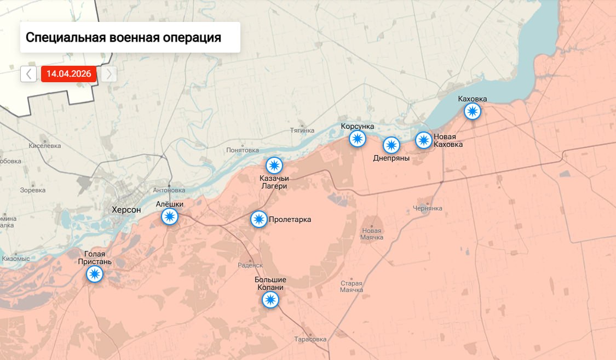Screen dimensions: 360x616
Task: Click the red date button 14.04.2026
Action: coord(68,74)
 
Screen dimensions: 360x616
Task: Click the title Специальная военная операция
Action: coord(123,38)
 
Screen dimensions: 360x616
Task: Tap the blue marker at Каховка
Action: coord(472,112)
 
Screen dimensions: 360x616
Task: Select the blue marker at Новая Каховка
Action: coord(423,140)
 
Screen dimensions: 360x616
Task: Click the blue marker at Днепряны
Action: coord(391,145)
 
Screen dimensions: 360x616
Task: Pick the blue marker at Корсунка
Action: coord(358,139)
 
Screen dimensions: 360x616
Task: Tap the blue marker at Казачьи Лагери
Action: coord(274,165)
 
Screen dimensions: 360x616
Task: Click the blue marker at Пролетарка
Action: coord(259,220)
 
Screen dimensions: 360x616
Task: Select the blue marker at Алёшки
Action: coord(170,217)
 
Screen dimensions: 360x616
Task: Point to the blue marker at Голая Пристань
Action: coord(95,275)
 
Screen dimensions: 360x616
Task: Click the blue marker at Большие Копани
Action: coord(270,300)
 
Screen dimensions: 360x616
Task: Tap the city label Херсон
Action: coord(126,210)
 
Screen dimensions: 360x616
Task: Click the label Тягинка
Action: coord(302,130)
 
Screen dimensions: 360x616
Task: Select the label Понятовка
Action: coord(243,150)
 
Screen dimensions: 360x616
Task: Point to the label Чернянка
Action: coord(427,209)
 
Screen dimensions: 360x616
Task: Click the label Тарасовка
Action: coord(310,339)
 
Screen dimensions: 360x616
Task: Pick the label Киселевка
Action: coord(45,146)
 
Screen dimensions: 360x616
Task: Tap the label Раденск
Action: coord(251,265)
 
